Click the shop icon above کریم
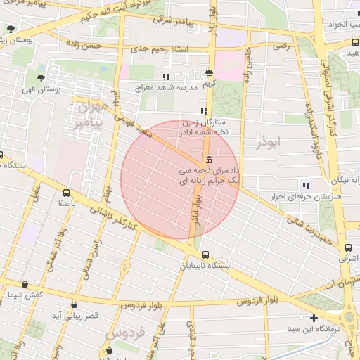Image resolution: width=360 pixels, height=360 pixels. [209, 73]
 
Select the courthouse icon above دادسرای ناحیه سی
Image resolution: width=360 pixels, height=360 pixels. [209, 159]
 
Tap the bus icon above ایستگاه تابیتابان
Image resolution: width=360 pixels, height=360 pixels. [205, 255]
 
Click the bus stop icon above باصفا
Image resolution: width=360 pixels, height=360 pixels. [66, 193]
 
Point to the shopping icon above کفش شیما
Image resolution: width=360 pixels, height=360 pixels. [26, 285]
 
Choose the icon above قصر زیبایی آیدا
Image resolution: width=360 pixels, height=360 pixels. [75, 305]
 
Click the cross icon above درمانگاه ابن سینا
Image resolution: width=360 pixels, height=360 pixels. [314, 318]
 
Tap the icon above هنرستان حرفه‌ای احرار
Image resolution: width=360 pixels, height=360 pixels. [306, 185]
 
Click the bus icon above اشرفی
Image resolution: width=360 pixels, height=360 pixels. [349, 247]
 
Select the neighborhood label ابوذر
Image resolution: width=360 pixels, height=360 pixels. [268, 141]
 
